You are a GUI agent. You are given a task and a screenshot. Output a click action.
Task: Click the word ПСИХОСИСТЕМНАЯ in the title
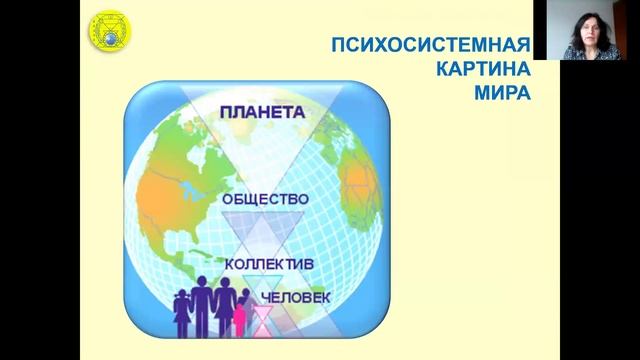click(430, 45)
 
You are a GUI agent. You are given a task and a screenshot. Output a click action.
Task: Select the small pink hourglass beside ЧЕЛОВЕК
click(262, 318)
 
